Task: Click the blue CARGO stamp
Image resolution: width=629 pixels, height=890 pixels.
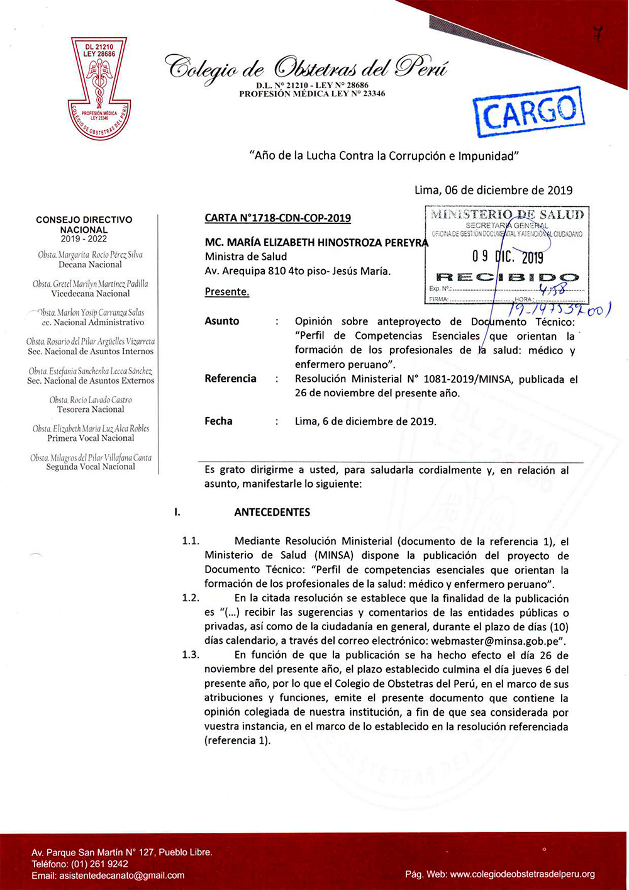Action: coord(529,112)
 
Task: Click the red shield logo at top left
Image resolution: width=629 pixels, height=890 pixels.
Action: coord(99,88)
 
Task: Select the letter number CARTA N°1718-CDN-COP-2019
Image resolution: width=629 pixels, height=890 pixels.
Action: coord(277,218)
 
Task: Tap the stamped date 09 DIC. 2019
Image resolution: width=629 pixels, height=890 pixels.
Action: coord(508,257)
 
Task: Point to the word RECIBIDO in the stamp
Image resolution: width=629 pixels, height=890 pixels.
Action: coord(507,277)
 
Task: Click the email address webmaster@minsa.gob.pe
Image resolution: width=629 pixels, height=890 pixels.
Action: coord(498,641)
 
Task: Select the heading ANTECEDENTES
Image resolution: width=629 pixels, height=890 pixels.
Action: coord(272,512)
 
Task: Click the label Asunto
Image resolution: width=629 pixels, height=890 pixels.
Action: coord(221,321)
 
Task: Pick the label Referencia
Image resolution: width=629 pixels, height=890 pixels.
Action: coord(230,379)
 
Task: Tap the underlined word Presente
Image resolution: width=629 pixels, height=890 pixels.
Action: coord(226,292)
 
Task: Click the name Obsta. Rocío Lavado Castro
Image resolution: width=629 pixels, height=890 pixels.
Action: coord(91,399)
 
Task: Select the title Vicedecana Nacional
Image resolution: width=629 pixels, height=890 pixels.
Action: coord(91,294)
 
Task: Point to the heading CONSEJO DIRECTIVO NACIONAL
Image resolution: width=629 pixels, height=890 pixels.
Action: coord(84,225)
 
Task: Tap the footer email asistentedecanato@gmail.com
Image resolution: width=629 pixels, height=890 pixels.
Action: coord(122,875)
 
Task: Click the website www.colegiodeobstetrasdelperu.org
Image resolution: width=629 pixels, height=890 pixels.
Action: coord(523,874)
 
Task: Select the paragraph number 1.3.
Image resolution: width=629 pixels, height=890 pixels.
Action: coord(190,655)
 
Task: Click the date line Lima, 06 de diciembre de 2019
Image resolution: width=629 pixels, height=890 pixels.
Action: coord(493,190)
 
